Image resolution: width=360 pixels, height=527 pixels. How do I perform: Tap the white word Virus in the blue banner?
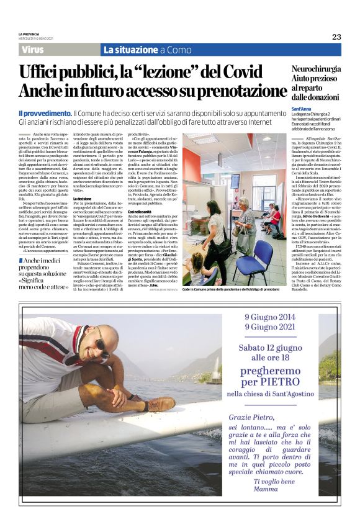click(32, 50)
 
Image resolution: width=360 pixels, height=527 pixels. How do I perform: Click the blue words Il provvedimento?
click(45, 114)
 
